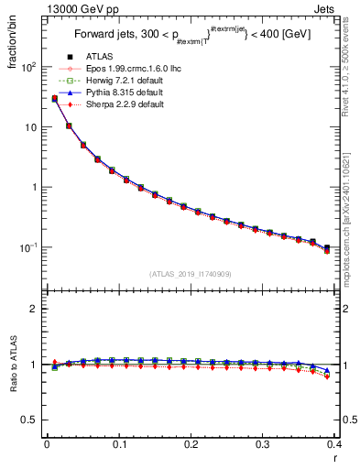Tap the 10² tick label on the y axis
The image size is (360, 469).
point(28,68)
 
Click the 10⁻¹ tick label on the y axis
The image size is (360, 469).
point(28,247)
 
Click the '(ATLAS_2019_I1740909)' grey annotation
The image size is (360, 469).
point(191,274)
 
